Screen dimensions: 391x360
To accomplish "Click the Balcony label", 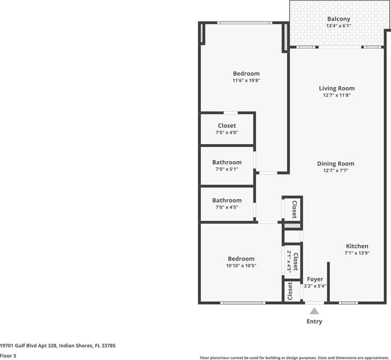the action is [x=338, y=19].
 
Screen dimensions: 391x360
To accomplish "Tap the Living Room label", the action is [x=336, y=88].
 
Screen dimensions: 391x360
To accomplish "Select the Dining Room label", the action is [x=336, y=164].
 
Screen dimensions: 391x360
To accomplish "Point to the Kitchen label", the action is [x=357, y=246].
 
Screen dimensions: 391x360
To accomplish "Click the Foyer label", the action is [x=315, y=279].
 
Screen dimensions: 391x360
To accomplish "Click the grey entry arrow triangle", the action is [x=314, y=311].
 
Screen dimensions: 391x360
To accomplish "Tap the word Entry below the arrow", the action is [x=314, y=321].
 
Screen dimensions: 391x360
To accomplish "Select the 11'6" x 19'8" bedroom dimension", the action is [x=246, y=80].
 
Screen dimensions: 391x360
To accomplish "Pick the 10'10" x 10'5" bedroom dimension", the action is [x=241, y=265].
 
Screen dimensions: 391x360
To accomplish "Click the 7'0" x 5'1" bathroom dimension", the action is [x=227, y=169].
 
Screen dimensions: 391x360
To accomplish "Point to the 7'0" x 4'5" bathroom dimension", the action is [x=227, y=207].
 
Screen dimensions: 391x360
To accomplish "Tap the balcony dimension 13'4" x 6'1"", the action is [x=339, y=26].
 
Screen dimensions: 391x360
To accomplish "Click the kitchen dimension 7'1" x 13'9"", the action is [x=357, y=253].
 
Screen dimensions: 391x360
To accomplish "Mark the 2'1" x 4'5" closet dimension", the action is [x=289, y=262].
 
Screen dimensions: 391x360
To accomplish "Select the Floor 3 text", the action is [x=8, y=356].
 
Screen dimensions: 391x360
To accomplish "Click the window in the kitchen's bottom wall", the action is [x=348, y=303].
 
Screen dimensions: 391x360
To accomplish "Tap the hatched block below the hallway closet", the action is [x=293, y=226].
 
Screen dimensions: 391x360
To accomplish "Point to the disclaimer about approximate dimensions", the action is [x=294, y=358].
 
